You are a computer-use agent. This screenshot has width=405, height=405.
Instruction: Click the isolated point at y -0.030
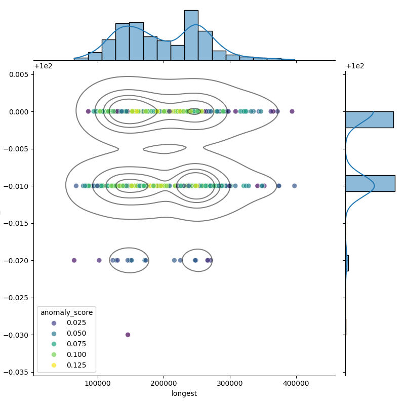pos(128,335)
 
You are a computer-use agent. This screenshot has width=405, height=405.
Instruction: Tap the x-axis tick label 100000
pos(98,383)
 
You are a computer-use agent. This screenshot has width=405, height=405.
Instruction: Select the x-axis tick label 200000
pos(164,383)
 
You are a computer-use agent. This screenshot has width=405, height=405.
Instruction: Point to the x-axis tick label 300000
pos(230,383)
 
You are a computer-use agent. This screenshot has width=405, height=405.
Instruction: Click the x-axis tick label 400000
pos(296,383)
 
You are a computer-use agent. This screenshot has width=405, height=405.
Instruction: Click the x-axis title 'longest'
pos(184,393)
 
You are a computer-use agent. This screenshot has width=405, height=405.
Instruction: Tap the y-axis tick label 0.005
pos(18,74)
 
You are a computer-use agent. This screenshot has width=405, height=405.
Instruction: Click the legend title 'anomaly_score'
pos(66,312)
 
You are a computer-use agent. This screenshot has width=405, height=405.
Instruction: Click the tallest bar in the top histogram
pos(191,35)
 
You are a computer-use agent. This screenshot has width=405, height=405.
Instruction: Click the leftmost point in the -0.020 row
pos(74,260)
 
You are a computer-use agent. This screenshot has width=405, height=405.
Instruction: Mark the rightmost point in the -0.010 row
pos(294,186)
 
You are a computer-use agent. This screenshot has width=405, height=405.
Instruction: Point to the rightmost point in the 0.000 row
pos(292,111)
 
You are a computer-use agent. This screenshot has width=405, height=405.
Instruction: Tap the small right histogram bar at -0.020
pos(347,263)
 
